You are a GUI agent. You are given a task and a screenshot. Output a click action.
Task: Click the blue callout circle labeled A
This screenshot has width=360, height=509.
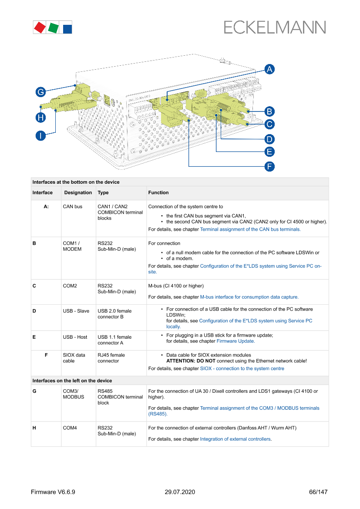269,69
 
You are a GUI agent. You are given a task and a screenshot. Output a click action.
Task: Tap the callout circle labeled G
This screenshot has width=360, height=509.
40,92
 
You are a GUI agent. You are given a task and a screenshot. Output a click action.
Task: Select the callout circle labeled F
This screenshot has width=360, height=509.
269,166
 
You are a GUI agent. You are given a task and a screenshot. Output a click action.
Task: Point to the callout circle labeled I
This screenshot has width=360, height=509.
40,136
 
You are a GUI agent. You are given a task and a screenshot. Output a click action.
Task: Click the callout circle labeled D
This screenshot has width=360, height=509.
269,139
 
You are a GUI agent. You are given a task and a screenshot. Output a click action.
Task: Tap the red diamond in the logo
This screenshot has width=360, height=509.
40,28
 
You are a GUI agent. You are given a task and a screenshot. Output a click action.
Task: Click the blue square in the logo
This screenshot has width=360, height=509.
67,29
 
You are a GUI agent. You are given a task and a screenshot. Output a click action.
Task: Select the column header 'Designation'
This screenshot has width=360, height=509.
78,192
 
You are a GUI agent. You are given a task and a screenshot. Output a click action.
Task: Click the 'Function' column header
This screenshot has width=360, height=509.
158,192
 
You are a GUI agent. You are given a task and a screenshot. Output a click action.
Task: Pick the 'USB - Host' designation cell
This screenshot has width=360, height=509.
75,337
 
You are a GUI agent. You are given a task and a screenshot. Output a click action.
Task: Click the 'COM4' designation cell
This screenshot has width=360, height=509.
70,428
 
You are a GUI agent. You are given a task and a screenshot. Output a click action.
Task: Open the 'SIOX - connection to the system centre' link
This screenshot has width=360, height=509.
242,368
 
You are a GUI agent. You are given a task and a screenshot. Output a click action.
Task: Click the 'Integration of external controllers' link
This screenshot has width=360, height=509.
235,439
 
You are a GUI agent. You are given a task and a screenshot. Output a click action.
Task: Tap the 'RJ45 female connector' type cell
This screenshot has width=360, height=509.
111,358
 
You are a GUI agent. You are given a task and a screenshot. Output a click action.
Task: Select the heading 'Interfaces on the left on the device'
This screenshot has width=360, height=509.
72,381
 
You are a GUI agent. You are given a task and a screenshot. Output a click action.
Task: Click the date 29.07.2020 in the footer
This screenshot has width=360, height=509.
180,492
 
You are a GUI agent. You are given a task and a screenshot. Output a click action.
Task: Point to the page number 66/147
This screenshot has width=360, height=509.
318,492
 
